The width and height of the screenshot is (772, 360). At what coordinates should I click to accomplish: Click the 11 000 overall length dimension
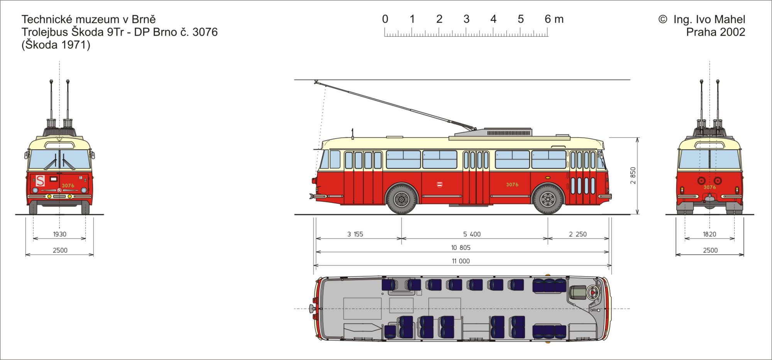[461, 261]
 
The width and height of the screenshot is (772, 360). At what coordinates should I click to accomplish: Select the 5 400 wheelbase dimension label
[472, 234]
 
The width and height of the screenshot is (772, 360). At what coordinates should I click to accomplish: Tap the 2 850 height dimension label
[633, 176]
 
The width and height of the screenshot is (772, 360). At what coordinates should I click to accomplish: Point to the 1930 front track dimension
[60, 234]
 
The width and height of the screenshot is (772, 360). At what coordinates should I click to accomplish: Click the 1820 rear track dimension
[709, 234]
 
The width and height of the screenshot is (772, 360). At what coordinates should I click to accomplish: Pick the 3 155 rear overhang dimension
[355, 234]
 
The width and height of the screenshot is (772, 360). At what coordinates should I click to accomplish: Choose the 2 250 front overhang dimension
[578, 234]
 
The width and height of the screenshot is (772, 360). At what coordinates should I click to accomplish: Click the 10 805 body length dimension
[461, 248]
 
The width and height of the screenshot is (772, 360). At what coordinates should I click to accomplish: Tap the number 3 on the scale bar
[466, 19]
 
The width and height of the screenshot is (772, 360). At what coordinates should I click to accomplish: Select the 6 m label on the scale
[554, 19]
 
